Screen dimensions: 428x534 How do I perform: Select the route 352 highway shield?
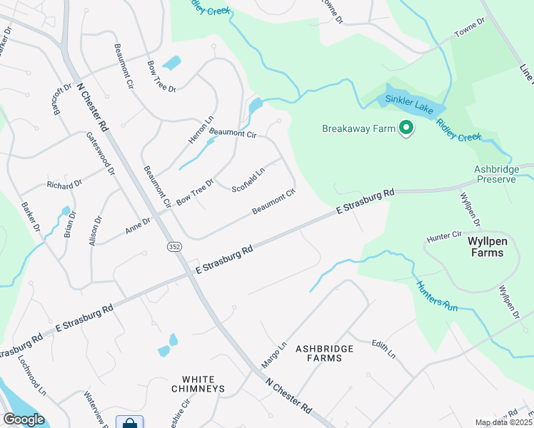click(173, 246)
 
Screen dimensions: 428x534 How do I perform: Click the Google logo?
click(24, 419)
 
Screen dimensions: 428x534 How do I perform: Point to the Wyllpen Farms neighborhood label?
click(491, 247)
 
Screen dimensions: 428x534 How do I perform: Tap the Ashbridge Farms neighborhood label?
click(326, 352)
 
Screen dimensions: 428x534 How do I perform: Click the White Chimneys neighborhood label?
click(198, 384)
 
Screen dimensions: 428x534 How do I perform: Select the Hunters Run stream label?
click(437, 294)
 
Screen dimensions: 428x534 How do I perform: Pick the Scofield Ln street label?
click(249, 178)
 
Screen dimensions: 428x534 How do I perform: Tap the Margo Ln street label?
click(273, 355)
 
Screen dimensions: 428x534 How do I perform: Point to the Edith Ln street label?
click(383, 349)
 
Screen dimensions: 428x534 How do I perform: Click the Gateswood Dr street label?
click(101, 153)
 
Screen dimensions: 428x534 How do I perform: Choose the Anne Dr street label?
click(138, 226)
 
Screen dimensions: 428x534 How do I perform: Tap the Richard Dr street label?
click(64, 184)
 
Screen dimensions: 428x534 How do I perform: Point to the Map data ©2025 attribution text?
click(503, 422)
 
